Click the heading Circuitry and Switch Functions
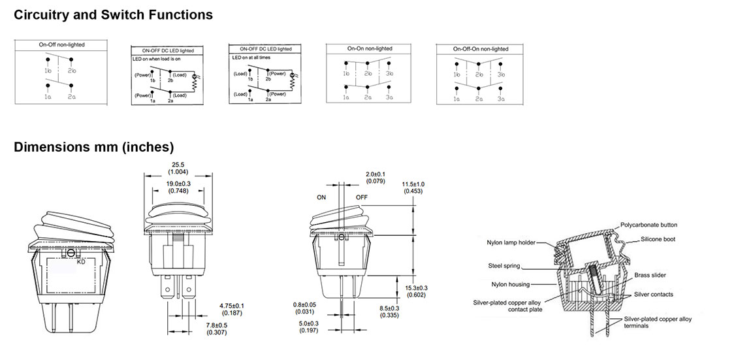pyautogui.click(x=113, y=14)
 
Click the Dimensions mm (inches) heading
pyautogui.click(x=93, y=147)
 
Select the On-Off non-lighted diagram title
pyautogui.click(x=62, y=45)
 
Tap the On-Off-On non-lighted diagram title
pyautogui.click(x=481, y=49)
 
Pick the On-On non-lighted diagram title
pyautogui.click(x=370, y=49)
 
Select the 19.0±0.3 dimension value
pyautogui.click(x=178, y=184)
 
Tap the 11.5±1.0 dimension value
pyautogui.click(x=413, y=184)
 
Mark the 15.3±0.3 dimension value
pyautogui.click(x=416, y=288)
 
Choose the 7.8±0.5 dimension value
pyautogui.click(x=216, y=325)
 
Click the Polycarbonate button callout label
pyautogui.click(x=648, y=225)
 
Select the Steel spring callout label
pyautogui.click(x=504, y=266)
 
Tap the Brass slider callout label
pyautogui.click(x=650, y=275)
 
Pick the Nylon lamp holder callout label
pyautogui.click(x=511, y=243)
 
